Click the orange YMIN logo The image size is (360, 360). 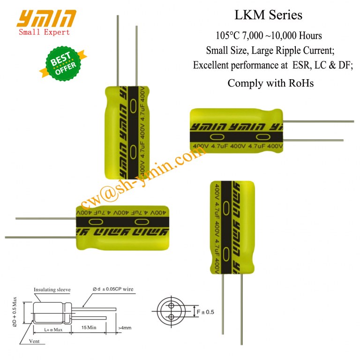pyautogui.click(x=46, y=19)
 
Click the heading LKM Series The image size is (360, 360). pyautogui.click(x=268, y=15)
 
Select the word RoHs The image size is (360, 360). pyautogui.click(x=301, y=83)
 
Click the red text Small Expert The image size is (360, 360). pyautogui.click(x=44, y=32)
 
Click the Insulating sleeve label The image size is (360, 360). pyautogui.click(x=52, y=290)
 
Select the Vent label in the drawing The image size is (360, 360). pyautogui.click(x=34, y=341)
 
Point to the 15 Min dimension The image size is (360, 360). pyautogui.click(x=89, y=327)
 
